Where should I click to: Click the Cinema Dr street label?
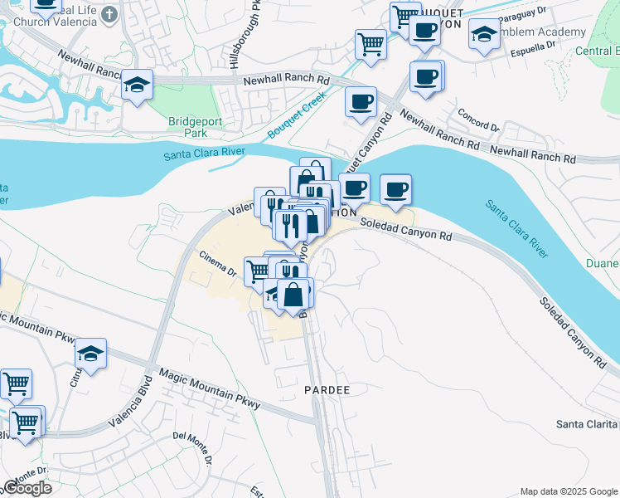click(217, 265)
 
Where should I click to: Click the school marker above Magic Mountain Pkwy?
click(91, 354)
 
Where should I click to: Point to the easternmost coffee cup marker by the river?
click(396, 189)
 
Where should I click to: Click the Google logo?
click(27, 488)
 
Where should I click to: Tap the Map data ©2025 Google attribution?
click(568, 491)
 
